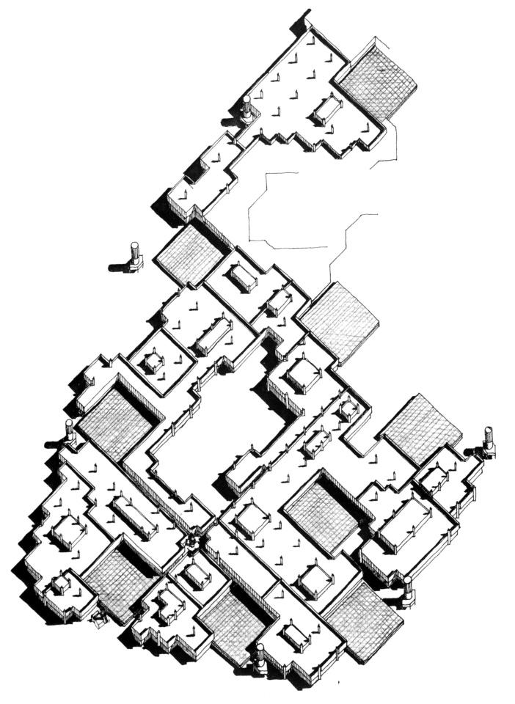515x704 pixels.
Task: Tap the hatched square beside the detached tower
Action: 189,254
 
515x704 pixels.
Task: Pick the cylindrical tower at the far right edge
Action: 489,440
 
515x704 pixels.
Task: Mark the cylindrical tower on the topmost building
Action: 247,109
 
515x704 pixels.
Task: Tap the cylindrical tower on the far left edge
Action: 70,432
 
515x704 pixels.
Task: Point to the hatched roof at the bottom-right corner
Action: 365,620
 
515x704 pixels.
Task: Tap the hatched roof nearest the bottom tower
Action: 233,620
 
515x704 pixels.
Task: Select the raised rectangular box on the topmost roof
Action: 327,109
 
